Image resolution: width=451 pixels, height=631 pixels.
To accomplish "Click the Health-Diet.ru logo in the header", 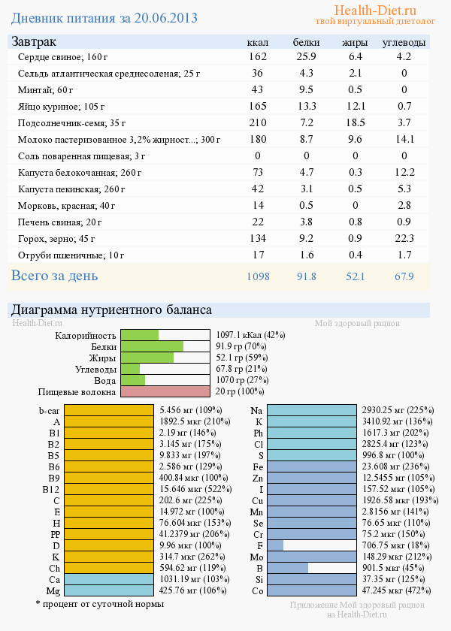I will pyautogui.click(x=374, y=11).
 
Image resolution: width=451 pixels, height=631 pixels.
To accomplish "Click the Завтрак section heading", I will pyautogui.click(x=33, y=42).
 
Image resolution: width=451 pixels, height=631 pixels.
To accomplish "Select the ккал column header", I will pyautogui.click(x=258, y=43).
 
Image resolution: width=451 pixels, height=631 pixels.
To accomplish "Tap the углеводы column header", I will pyautogui.click(x=404, y=43).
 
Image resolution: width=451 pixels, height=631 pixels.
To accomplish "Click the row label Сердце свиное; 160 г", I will pyautogui.click(x=62, y=57).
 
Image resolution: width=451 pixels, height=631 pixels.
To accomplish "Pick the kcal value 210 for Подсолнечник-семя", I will pyautogui.click(x=258, y=122).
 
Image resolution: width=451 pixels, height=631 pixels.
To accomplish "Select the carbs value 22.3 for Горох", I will pyautogui.click(x=404, y=238).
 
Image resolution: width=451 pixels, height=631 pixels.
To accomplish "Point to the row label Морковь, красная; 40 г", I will pyautogui.click(x=67, y=205).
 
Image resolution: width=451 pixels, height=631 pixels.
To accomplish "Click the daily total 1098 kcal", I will pyautogui.click(x=258, y=276).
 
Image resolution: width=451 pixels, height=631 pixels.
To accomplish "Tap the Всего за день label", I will pyautogui.click(x=54, y=276).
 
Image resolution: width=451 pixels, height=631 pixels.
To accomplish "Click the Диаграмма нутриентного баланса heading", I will pyautogui.click(x=111, y=309).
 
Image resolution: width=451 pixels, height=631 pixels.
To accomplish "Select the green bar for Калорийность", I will pyautogui.click(x=140, y=335).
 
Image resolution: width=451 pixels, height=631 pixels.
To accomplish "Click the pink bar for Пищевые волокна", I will pyautogui.click(x=165, y=391).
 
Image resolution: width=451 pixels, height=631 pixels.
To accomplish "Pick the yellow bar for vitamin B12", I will pyautogui.click(x=109, y=489).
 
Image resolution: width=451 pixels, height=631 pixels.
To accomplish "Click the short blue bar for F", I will pyautogui.click(x=275, y=545).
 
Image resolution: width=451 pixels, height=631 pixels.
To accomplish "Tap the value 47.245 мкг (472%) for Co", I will pyautogui.click(x=397, y=591).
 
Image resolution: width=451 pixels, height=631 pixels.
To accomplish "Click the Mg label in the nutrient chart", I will pyautogui.click(x=53, y=591).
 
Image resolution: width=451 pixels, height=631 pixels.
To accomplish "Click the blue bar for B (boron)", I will pyautogui.click(x=288, y=568).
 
